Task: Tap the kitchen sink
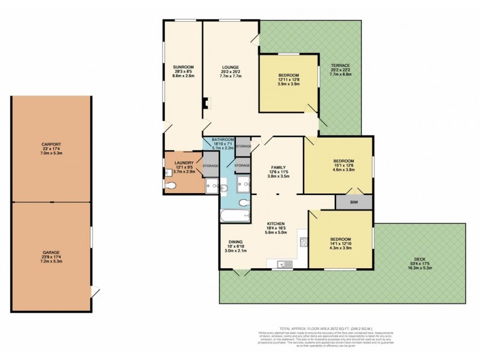pyautogui.click(x=284, y=263)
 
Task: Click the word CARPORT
pyautogui.click(x=51, y=145)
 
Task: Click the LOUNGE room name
pyautogui.click(x=230, y=67)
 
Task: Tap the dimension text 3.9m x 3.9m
pyautogui.click(x=288, y=85)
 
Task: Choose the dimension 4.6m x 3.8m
pyautogui.click(x=344, y=170)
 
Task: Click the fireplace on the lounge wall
pyautogui.click(x=205, y=103)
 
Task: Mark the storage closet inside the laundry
pyautogui.click(x=211, y=167)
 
